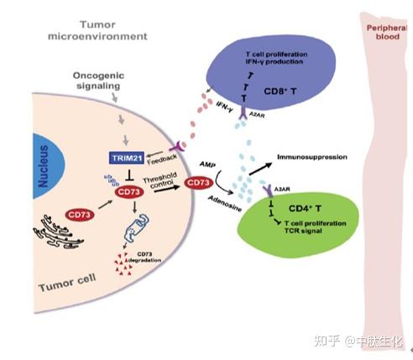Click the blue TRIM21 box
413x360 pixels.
pos(128,157)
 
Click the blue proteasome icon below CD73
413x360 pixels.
pos(131,224)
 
